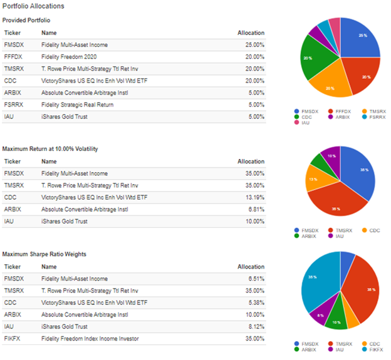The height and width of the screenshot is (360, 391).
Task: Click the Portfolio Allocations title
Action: click(x=33, y=6)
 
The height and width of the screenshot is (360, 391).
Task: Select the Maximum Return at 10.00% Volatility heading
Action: click(x=50, y=149)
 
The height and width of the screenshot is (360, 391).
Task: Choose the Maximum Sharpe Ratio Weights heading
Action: click(x=44, y=254)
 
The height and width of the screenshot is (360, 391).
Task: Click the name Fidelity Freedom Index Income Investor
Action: click(x=90, y=339)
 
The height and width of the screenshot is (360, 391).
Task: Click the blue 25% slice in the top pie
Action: click(x=360, y=38)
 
